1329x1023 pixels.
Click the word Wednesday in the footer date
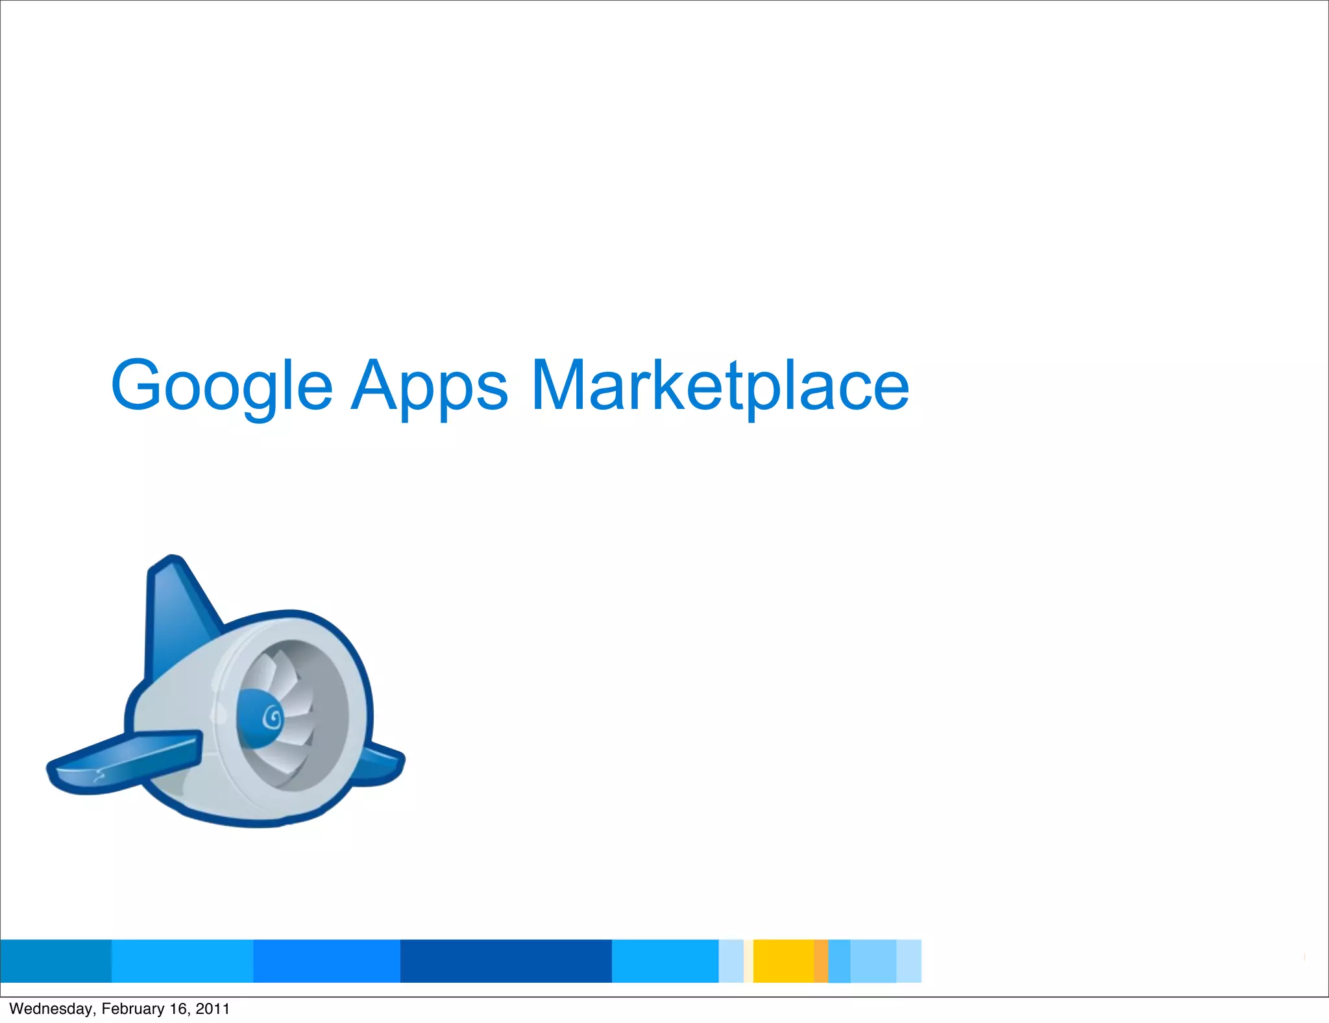pyautogui.click(x=51, y=1009)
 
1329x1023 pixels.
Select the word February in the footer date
pyautogui.click(x=133, y=1009)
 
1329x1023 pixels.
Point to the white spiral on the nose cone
pyautogui.click(x=273, y=718)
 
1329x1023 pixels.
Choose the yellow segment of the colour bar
pyautogui.click(x=783, y=961)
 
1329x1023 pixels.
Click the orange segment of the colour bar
pyautogui.click(x=821, y=961)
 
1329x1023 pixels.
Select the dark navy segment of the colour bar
pyautogui.click(x=506, y=961)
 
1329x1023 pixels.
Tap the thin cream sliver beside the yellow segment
pyautogui.click(x=748, y=961)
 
